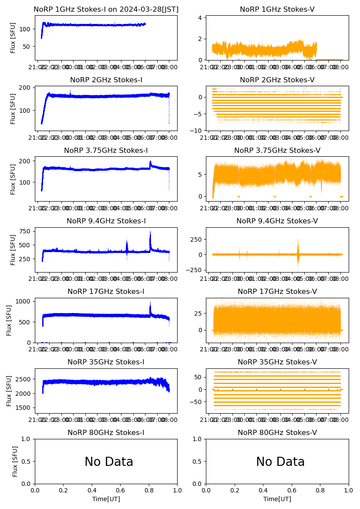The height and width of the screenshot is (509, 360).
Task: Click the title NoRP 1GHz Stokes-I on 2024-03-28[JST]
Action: click(x=106, y=9)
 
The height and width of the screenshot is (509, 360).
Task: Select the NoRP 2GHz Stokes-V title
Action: click(x=277, y=80)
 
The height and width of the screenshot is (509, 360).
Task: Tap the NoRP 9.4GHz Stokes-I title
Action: click(x=106, y=221)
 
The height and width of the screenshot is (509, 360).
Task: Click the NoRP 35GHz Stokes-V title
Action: click(x=277, y=362)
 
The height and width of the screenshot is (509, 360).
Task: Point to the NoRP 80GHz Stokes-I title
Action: click(x=106, y=432)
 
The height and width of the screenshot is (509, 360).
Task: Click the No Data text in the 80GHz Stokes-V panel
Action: click(x=280, y=462)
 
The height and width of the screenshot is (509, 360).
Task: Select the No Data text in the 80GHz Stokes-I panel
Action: click(x=109, y=462)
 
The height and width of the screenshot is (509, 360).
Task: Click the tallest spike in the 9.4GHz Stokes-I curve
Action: click(x=150, y=232)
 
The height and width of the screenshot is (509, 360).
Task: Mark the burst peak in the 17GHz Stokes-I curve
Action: click(x=150, y=303)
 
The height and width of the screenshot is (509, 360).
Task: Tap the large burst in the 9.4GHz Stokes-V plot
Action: click(x=298, y=254)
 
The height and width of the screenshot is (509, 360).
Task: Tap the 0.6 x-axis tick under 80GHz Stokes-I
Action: click(x=120, y=490)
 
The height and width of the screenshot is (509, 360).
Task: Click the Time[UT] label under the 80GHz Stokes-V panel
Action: click(x=277, y=499)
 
